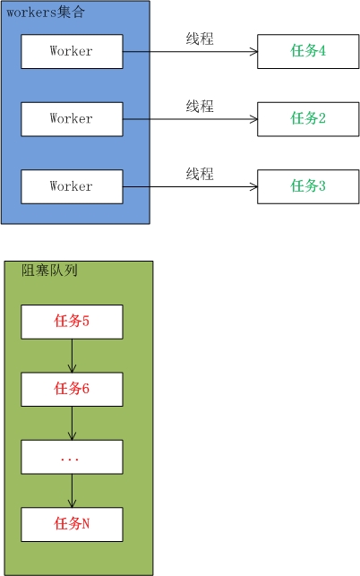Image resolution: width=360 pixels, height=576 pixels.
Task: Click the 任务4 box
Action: (308, 52)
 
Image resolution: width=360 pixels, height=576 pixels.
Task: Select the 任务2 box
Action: (308, 119)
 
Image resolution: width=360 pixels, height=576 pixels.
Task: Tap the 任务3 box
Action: (308, 186)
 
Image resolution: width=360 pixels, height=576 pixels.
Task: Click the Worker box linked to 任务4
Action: (72, 52)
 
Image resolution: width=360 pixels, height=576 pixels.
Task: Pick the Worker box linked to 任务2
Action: (72, 119)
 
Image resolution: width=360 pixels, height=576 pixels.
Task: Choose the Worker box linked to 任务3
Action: (72, 186)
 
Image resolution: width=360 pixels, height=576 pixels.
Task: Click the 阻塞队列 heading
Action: (49, 270)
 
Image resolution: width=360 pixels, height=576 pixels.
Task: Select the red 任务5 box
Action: (72, 322)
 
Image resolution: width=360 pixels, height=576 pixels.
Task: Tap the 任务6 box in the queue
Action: (72, 389)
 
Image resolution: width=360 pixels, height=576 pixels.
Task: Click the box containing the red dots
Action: (72, 457)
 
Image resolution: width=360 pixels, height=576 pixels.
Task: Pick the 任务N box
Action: (72, 524)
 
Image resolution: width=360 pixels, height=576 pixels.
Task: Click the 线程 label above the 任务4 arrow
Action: (200, 39)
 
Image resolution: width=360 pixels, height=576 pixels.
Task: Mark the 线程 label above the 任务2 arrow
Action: (200, 107)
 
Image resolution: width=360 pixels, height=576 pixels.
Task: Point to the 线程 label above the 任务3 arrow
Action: (200, 174)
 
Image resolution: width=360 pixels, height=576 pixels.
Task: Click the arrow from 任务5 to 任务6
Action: (72, 356)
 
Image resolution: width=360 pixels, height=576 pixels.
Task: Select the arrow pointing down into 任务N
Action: (72, 491)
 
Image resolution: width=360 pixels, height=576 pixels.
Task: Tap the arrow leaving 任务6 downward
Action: (72, 423)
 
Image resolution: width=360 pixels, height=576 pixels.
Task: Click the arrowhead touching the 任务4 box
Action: (253, 52)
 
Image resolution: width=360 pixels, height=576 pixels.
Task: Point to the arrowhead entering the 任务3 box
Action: (253, 186)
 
